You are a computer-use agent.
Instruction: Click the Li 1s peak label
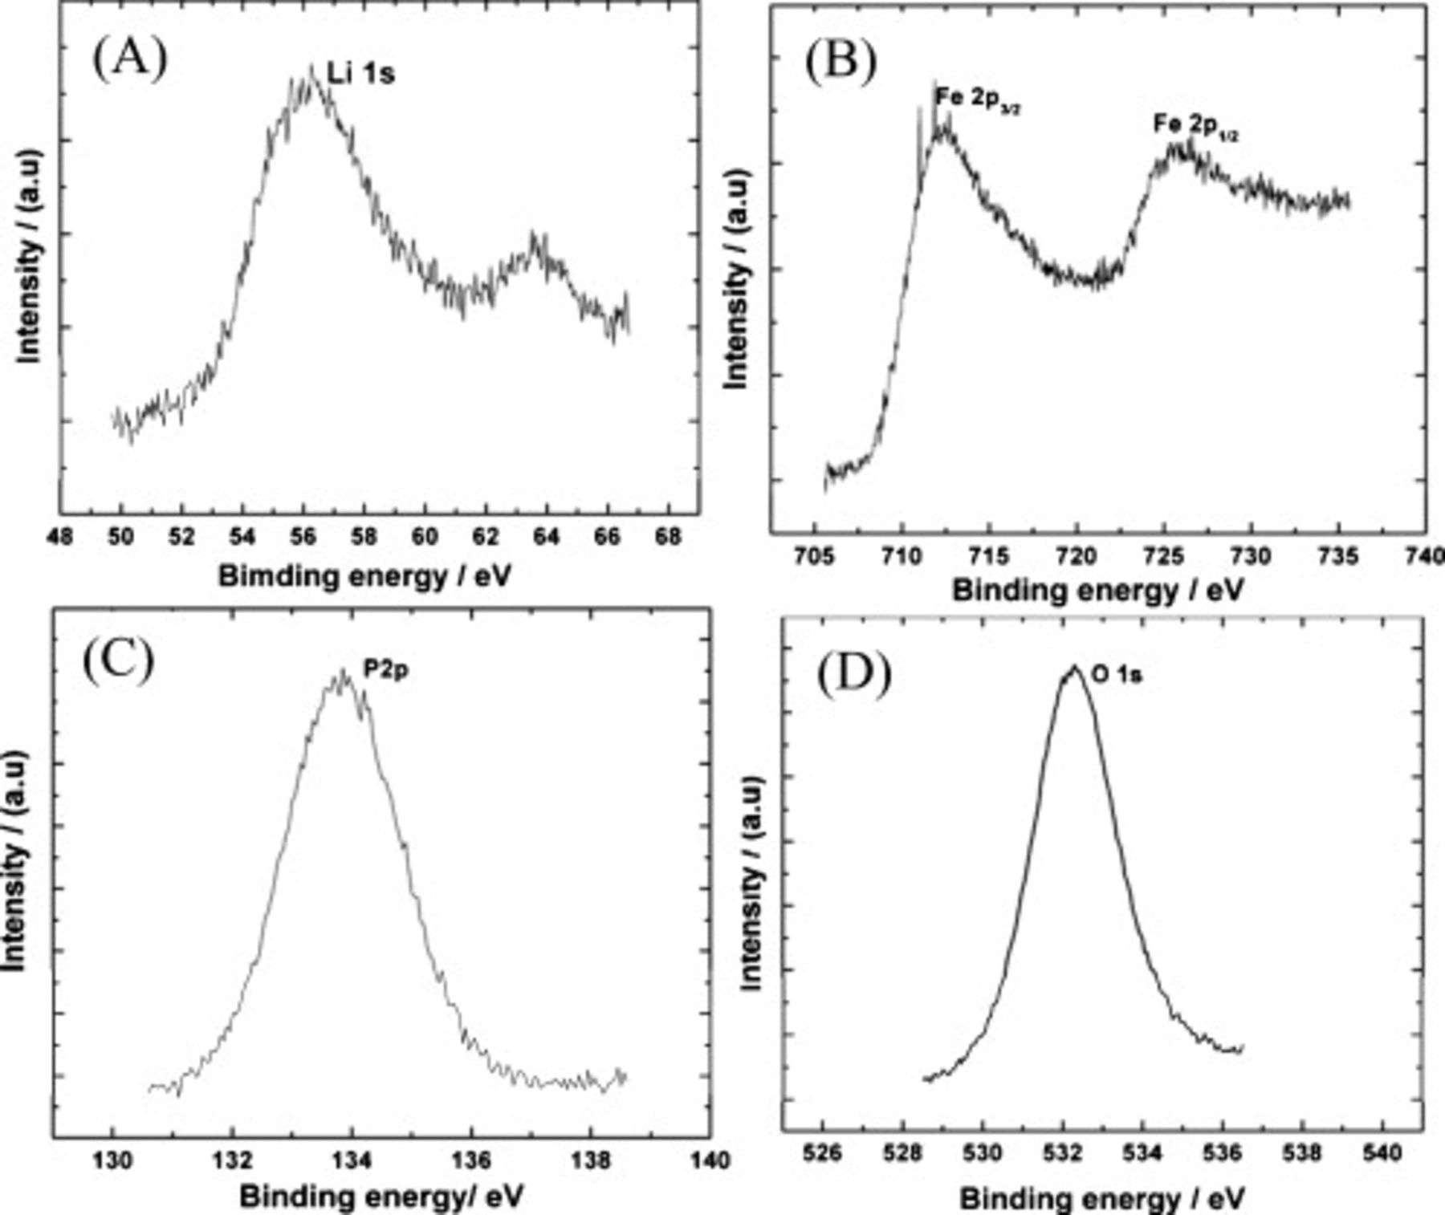pyautogui.click(x=361, y=75)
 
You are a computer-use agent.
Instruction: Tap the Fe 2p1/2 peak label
pyautogui.click(x=1195, y=126)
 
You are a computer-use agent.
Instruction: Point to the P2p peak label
pyautogui.click(x=386, y=670)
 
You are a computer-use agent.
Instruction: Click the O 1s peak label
pyautogui.click(x=1117, y=676)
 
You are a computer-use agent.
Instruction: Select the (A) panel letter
pyautogui.click(x=129, y=60)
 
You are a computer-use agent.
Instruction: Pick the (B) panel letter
pyautogui.click(x=841, y=62)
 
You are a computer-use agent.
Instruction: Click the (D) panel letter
pyautogui.click(x=853, y=674)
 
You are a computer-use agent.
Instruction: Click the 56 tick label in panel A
pyautogui.click(x=303, y=536)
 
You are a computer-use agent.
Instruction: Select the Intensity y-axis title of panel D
pyautogui.click(x=750, y=883)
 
